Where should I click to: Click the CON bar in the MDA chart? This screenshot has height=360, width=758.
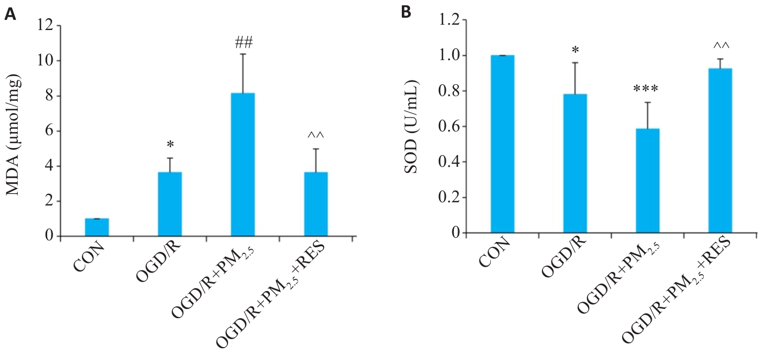97,227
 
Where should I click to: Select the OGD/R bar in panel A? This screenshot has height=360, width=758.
170,204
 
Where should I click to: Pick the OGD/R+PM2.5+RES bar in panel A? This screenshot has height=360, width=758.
315,204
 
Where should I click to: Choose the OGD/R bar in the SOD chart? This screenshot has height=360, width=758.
575,163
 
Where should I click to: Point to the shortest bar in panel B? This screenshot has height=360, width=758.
647,181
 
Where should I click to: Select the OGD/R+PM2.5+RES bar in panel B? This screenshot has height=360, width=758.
720,150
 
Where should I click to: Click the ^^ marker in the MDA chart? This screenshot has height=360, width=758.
316,136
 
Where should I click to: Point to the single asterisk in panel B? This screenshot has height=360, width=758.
575,50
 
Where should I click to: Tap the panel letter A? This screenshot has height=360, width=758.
10,15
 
